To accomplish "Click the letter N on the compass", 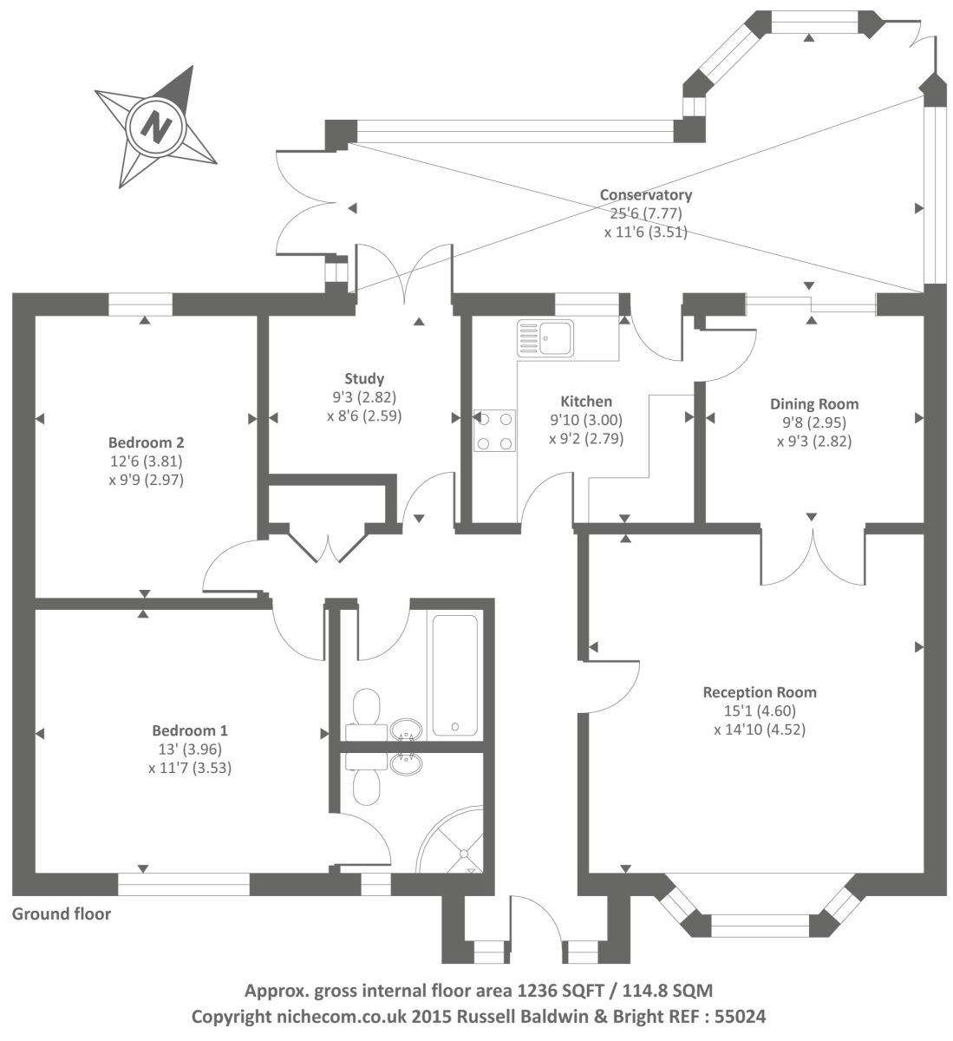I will (157, 127).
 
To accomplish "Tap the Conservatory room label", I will (646, 195).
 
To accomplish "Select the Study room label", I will (364, 378).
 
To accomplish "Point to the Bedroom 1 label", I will (190, 730).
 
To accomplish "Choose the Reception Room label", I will (760, 692).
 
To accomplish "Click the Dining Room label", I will (814, 403).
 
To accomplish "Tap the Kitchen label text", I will (586, 402).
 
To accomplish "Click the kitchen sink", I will (545, 337).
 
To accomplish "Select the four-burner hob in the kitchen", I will (494, 430).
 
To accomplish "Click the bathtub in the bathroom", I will (454, 676).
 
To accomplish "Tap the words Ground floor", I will (62, 913).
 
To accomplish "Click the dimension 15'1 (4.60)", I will (760, 711).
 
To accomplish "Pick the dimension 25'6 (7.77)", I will (646, 213).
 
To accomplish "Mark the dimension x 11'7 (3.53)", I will (190, 768).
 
